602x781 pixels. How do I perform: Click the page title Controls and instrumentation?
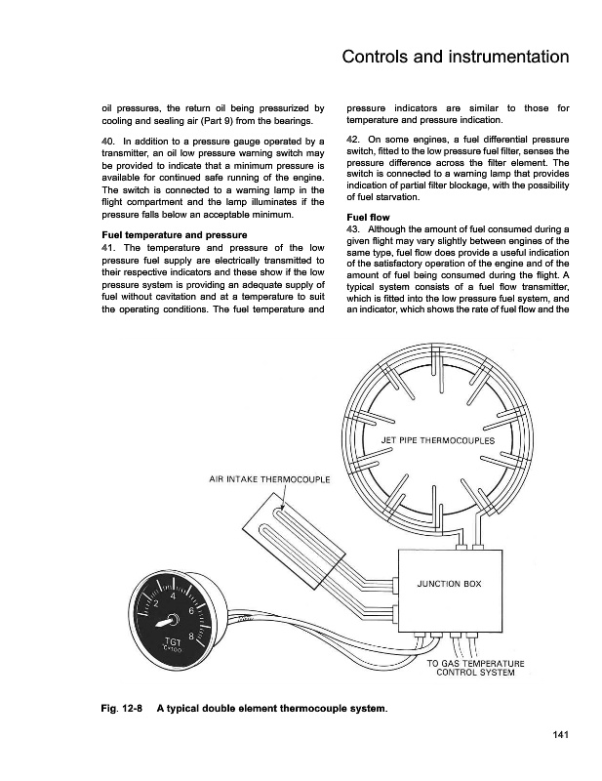coord(456,58)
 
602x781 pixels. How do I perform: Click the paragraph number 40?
coord(110,144)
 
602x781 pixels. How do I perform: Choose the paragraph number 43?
coord(355,228)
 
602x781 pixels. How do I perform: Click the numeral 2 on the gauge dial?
coord(153,602)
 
